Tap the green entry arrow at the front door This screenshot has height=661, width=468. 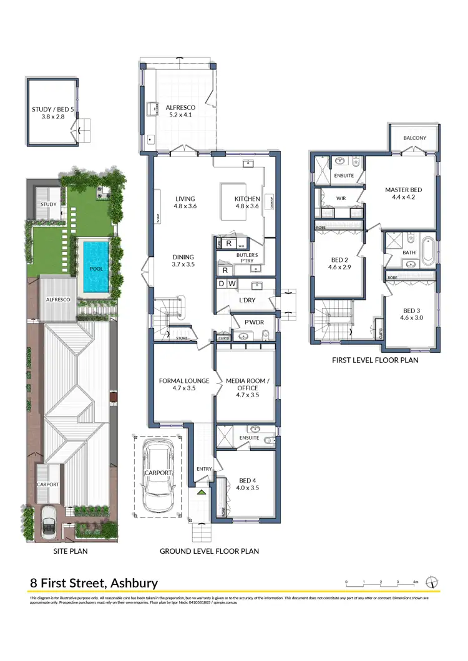[201, 493]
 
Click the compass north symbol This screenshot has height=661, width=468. [431, 582]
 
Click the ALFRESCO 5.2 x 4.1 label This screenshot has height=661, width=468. [180, 112]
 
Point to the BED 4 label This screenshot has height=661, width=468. [248, 484]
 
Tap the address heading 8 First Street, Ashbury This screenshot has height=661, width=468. [94, 584]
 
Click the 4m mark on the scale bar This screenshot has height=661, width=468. [415, 582]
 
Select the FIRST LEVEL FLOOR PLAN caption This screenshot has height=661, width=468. [374, 360]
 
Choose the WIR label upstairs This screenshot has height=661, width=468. [341, 199]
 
